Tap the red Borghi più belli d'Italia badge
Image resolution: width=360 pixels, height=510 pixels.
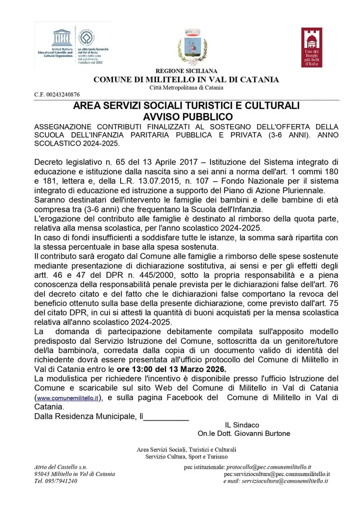coord(311,47)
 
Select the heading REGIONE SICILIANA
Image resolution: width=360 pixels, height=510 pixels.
coord(186,71)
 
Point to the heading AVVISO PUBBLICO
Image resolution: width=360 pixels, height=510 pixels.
coord(186,116)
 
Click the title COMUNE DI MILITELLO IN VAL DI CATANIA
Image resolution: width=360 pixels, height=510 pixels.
coord(186,80)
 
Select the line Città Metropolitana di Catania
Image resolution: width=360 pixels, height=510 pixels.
coord(186,88)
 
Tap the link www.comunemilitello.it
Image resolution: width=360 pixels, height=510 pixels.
coord(67,398)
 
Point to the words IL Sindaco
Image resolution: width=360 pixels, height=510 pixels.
coord(242,424)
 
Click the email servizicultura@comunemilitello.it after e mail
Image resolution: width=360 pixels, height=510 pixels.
coord(284,481)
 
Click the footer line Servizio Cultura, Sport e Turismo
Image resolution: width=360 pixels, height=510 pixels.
coord(186,456)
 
